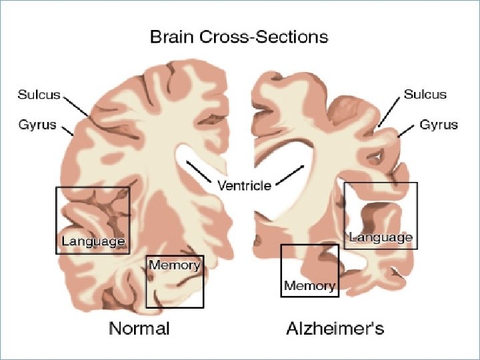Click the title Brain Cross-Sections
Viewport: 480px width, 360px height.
click(239, 36)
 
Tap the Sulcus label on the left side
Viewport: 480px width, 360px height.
click(38, 95)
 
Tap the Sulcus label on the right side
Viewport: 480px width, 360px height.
click(425, 94)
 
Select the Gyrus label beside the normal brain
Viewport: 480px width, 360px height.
click(37, 125)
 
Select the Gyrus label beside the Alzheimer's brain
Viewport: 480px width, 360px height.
click(439, 125)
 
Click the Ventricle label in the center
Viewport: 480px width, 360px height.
click(244, 185)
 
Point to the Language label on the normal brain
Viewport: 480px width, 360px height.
click(93, 241)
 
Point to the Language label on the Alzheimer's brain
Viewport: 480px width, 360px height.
click(381, 237)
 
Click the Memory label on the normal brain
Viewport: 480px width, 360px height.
click(175, 265)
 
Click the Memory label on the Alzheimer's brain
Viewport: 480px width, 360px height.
click(309, 286)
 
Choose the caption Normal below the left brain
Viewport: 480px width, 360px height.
click(139, 328)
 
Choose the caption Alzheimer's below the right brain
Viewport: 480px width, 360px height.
click(335, 328)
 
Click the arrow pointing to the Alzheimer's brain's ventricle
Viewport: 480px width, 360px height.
click(291, 173)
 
